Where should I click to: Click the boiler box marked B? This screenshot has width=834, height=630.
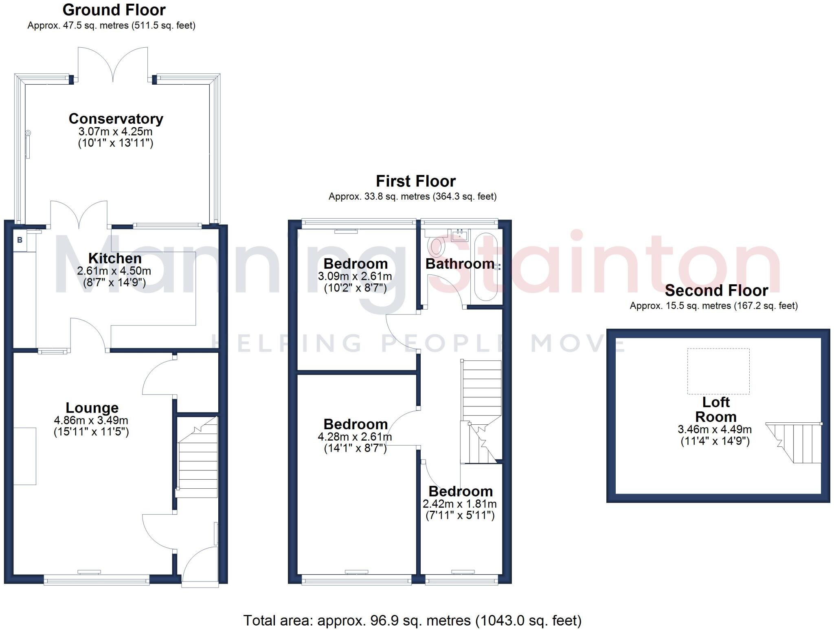pyautogui.click(x=20, y=240)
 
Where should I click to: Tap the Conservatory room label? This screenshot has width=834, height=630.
pyautogui.click(x=116, y=119)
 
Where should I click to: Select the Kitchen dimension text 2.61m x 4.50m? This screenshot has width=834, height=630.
pyautogui.click(x=114, y=271)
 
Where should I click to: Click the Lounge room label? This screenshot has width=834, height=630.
pyautogui.click(x=92, y=408)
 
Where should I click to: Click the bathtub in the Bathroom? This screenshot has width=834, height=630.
pyautogui.click(x=486, y=267)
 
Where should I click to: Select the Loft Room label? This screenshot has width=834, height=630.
pyautogui.click(x=715, y=409)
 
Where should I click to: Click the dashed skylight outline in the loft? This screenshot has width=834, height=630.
pyautogui.click(x=718, y=371)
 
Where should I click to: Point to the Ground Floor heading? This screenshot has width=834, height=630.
pyautogui.click(x=114, y=10)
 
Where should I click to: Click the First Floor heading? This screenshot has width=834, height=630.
pyautogui.click(x=415, y=181)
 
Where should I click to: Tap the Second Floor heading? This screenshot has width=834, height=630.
pyautogui.click(x=716, y=290)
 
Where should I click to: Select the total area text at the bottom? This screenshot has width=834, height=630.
pyautogui.click(x=413, y=620)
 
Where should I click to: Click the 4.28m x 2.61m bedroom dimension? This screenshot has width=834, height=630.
pyautogui.click(x=355, y=437)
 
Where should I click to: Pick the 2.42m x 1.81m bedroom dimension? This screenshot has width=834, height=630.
pyautogui.click(x=460, y=504)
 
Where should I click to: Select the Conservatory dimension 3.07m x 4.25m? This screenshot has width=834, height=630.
pyautogui.click(x=116, y=132)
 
